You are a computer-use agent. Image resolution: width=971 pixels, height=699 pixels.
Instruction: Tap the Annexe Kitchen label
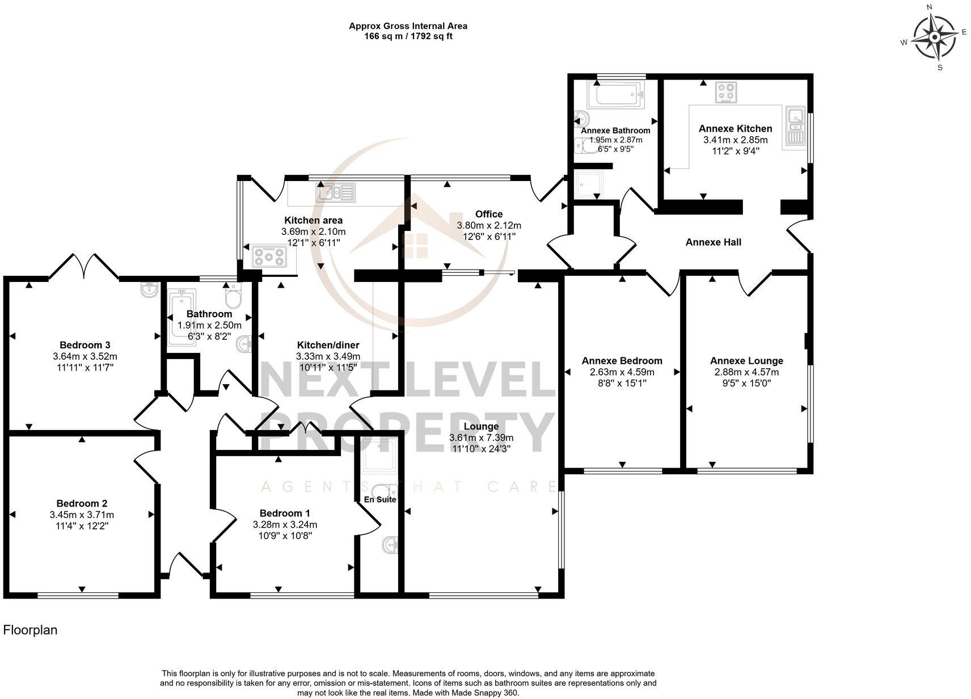(735, 129)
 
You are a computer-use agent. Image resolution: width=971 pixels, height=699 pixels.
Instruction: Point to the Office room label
(488, 214)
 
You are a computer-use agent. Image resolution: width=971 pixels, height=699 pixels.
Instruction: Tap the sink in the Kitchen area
(335, 193)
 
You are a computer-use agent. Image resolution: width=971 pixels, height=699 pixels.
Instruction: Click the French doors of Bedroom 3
(84, 266)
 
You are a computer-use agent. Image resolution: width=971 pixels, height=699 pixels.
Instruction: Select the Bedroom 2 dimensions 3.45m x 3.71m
(82, 515)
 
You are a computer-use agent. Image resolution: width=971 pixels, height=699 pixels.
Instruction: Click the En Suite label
(379, 500)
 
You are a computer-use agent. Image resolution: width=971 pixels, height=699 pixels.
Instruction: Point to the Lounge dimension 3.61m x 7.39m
(481, 438)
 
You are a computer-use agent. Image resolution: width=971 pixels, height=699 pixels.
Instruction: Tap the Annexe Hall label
(713, 242)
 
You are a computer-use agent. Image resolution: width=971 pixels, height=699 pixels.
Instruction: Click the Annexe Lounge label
(746, 361)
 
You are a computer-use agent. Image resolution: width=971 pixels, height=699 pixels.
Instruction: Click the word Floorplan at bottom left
(30, 630)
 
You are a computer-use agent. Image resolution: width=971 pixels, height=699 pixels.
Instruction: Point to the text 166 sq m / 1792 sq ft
(408, 36)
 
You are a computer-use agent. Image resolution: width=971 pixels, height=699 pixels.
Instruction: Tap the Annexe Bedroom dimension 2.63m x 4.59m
(622, 373)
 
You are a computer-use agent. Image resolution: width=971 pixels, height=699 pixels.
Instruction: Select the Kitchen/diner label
(328, 345)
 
